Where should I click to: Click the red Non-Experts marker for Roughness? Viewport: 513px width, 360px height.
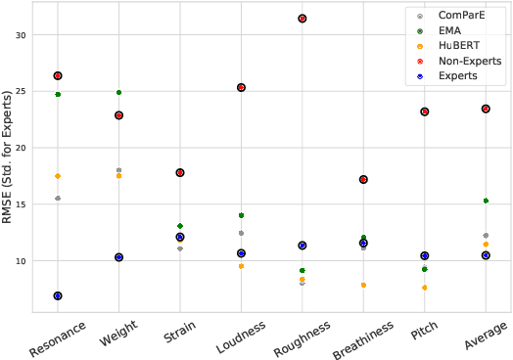[303, 19]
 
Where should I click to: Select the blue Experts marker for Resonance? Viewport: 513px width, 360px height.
[58, 295]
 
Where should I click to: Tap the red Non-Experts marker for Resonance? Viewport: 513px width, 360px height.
[58, 75]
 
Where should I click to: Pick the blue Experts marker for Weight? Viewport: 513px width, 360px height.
[118, 257]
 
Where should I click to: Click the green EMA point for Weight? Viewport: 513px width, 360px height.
[118, 93]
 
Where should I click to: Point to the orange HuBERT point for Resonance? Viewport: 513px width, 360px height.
[58, 176]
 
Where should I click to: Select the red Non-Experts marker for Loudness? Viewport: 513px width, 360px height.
[241, 87]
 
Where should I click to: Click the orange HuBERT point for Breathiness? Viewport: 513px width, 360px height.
[363, 286]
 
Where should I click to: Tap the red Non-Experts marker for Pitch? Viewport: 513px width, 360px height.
[424, 112]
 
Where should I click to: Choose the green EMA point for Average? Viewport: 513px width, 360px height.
[486, 201]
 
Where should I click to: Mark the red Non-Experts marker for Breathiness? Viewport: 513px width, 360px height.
[363, 179]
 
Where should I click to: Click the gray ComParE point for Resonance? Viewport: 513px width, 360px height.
[58, 199]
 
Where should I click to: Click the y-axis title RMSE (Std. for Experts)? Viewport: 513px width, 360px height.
[8, 157]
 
